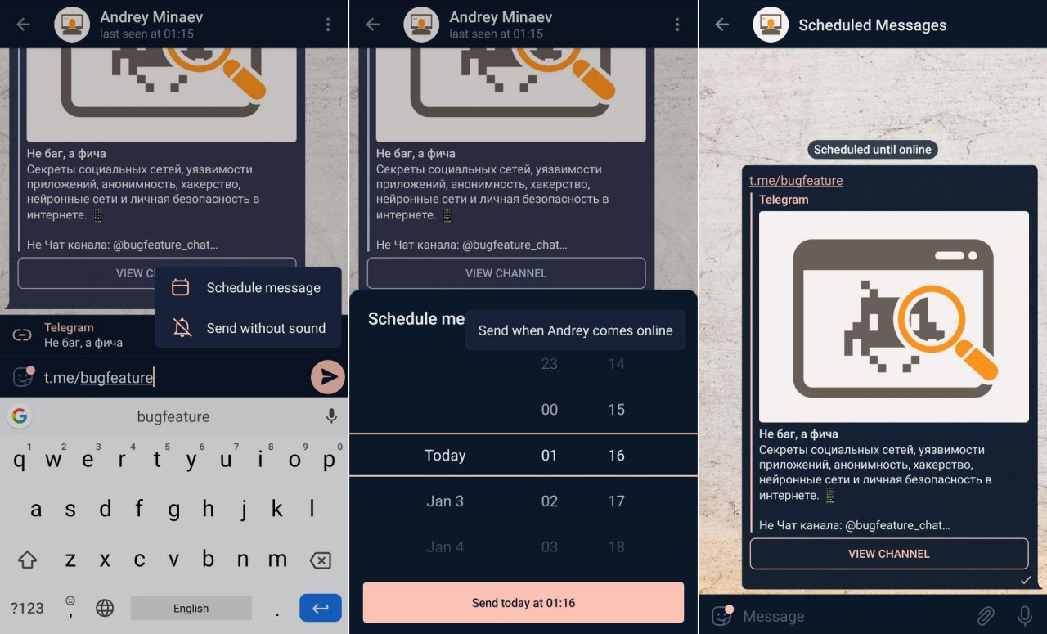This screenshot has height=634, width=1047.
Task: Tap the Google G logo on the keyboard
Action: (19, 416)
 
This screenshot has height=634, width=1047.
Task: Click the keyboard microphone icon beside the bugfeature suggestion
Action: (331, 416)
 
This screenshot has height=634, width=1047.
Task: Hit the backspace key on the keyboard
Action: (321, 560)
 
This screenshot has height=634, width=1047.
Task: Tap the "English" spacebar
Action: (191, 608)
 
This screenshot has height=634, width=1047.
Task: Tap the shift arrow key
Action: (27, 560)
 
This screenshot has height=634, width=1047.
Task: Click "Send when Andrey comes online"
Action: (575, 330)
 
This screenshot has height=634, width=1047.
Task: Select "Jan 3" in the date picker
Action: (445, 501)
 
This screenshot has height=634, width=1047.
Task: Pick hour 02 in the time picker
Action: (549, 501)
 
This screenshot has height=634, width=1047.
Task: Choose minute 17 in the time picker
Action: (616, 501)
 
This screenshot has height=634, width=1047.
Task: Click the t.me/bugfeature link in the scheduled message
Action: (796, 181)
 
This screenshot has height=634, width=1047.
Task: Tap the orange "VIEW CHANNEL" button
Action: (889, 554)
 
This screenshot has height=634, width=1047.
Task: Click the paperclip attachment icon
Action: (986, 616)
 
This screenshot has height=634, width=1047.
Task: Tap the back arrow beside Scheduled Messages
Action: (721, 25)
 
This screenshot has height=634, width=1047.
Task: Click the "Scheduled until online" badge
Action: (872, 150)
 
